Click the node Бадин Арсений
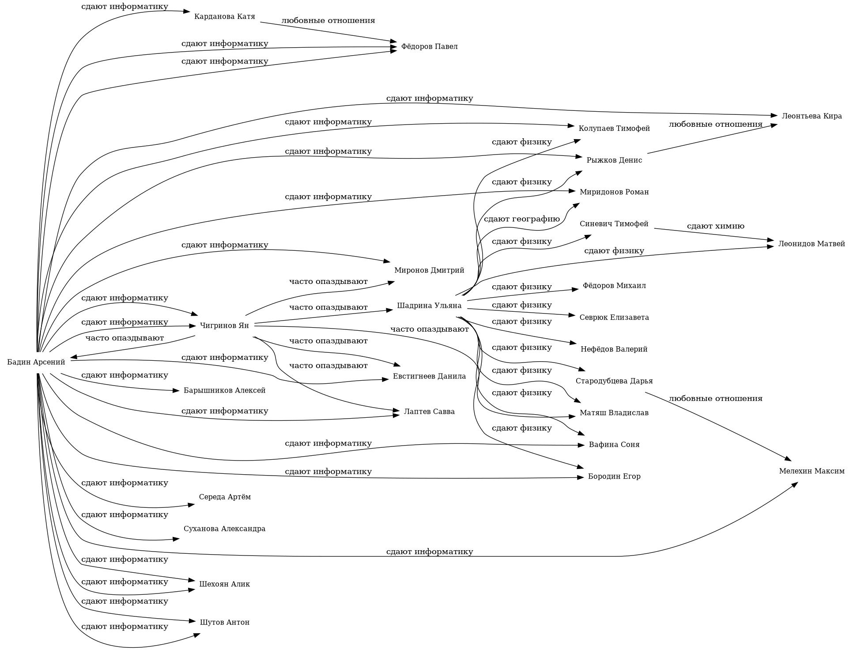(36, 363)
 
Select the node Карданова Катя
(225, 17)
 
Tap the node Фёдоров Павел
(429, 47)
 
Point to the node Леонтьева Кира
(811, 116)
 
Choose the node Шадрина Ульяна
(429, 306)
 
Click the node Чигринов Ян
(225, 326)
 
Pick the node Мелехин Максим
(811, 471)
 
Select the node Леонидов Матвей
(811, 244)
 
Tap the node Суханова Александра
(225, 529)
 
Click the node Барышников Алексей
(225, 391)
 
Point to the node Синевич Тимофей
(614, 224)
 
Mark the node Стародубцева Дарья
(614, 381)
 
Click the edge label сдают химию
(715, 226)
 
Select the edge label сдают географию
(521, 219)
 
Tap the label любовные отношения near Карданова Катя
(328, 20)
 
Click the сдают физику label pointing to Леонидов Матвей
(614, 251)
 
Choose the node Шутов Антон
(225, 622)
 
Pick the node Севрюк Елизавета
(614, 317)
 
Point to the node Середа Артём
(225, 497)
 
